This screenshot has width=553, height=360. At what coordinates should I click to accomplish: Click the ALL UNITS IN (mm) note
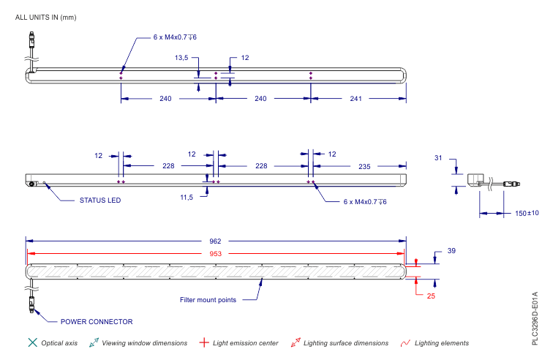pos(45,17)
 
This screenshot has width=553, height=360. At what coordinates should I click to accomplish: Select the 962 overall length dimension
pos(216,241)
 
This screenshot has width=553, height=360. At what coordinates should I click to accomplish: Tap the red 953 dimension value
pos(216,253)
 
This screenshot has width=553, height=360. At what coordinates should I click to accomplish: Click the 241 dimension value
pos(356,99)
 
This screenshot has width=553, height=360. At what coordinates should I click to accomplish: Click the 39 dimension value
pos(451,251)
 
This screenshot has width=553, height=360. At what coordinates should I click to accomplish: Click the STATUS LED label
pos(100,200)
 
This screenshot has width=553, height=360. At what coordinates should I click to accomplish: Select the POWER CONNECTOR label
pos(97,321)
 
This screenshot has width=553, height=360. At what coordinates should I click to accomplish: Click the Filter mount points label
pos(208,300)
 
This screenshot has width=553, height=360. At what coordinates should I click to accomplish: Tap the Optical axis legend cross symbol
pos(31,342)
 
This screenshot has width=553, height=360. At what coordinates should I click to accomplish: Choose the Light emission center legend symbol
pos(204,342)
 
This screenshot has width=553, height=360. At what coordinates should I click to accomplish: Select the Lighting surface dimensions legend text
pos(346,342)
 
